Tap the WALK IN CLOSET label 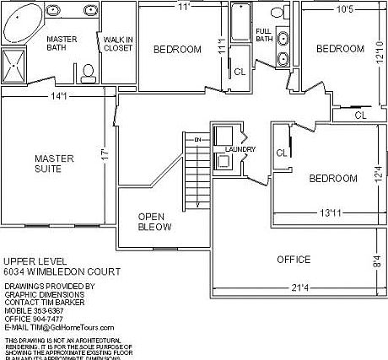[118, 44]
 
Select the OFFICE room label [294, 259]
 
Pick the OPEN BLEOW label [154, 222]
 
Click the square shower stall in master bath [14, 65]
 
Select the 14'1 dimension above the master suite [59, 96]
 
